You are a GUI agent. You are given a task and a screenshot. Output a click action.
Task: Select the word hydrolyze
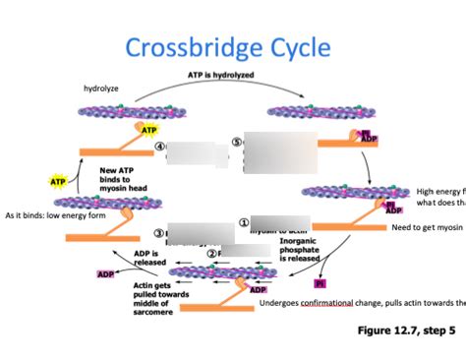[101, 89]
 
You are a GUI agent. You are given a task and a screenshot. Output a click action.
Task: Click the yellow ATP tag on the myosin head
[148, 130]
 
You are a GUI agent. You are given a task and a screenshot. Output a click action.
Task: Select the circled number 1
[243, 222]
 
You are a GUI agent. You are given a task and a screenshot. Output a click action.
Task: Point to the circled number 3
[159, 233]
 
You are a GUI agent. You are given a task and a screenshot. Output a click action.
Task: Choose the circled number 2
[210, 253]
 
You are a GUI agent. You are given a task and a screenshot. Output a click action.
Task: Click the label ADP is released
[149, 258]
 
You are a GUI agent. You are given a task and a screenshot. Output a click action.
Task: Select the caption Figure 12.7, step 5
[404, 330]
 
